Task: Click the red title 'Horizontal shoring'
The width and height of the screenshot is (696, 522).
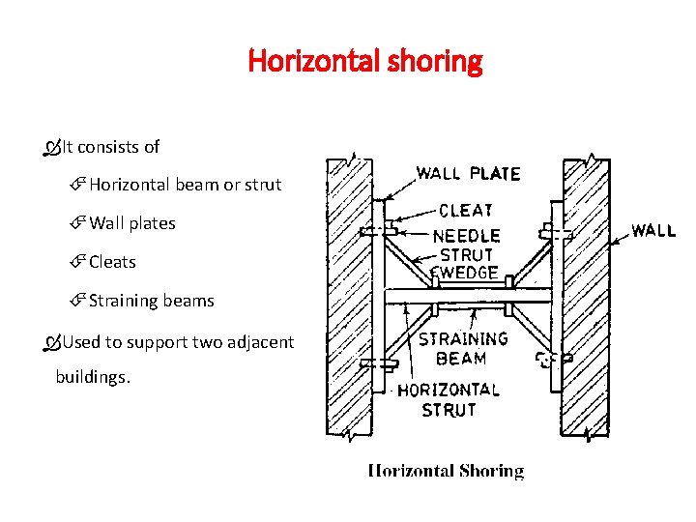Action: [364, 62]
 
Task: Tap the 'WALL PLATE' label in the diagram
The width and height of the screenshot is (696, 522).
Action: [468, 174]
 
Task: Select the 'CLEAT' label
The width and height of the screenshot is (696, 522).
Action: [466, 210]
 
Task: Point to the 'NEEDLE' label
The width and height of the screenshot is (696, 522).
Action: [467, 235]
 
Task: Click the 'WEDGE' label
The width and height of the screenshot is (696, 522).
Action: [468, 273]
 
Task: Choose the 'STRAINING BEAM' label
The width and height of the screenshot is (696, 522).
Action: [463, 348]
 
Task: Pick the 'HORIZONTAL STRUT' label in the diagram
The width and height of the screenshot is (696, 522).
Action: [449, 399]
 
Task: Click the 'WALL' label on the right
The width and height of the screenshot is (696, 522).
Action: [653, 231]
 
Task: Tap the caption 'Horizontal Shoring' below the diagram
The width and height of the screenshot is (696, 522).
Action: [446, 471]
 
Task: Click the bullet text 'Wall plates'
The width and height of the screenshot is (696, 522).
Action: [132, 223]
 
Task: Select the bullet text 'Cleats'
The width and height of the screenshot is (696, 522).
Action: [112, 262]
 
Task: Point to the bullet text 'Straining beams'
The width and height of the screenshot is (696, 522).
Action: [151, 301]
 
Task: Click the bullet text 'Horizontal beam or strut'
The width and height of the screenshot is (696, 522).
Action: [185, 185]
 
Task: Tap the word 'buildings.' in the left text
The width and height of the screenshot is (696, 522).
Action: [93, 377]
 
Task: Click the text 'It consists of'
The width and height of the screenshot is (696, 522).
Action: [111, 147]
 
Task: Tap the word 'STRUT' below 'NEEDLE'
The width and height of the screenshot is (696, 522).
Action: [467, 254]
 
